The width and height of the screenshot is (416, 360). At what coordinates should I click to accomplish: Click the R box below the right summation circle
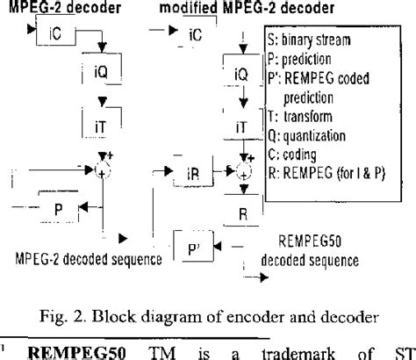(242, 212)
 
